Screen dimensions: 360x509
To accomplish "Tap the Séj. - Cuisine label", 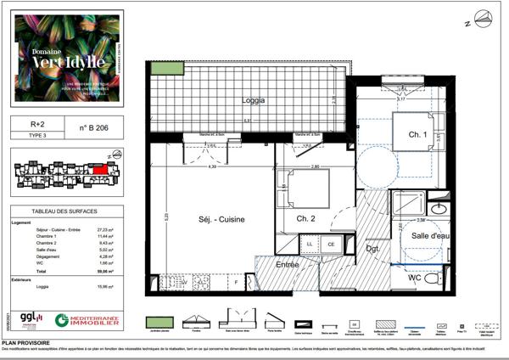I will pyautogui.click(x=221, y=219).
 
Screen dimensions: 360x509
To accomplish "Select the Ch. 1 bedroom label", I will pyautogui.click(x=417, y=135).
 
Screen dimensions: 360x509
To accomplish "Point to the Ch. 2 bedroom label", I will pyautogui.click(x=306, y=220).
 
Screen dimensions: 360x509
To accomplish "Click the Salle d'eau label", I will pyautogui.click(x=431, y=235).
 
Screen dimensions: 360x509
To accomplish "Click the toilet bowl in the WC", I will pyautogui.click(x=432, y=279).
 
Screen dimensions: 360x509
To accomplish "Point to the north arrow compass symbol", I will pyautogui.click(x=483, y=18).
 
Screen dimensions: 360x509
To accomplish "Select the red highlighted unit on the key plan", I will pyautogui.click(x=100, y=168).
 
